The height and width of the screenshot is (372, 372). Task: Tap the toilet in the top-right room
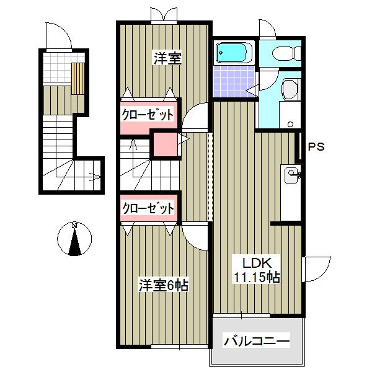285,54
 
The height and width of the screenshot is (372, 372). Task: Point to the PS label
317,148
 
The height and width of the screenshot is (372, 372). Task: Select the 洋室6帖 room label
163,286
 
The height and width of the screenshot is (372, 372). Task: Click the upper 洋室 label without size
167,59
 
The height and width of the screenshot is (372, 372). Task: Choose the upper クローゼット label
147,115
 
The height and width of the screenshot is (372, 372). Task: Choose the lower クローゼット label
148,208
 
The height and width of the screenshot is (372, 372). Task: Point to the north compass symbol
74,239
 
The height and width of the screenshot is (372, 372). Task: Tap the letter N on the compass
74,225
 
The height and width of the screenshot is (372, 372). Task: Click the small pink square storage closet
165,145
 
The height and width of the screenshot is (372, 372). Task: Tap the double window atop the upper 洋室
161,15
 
